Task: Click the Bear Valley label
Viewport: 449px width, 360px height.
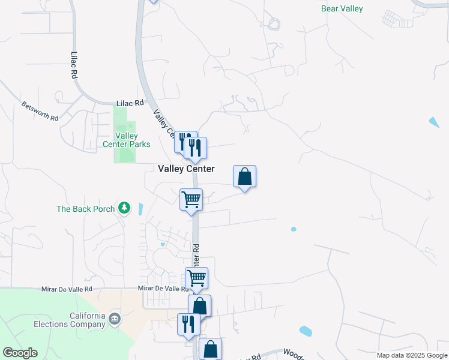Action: point(342,8)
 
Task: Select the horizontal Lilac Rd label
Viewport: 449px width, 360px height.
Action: point(131,103)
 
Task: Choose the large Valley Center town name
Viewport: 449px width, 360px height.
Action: point(185,169)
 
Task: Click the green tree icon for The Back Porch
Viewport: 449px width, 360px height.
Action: point(124,208)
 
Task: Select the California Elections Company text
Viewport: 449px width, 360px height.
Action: point(88,320)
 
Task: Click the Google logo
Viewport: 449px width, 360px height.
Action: point(20,353)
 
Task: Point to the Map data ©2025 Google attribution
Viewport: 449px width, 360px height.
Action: point(412,355)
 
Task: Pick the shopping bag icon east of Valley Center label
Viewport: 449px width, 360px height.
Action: point(244,176)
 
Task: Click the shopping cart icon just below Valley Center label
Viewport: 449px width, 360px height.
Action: point(191,199)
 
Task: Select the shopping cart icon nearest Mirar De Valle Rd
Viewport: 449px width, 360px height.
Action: point(196,278)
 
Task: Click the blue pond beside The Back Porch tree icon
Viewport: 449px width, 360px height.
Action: point(140,209)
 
